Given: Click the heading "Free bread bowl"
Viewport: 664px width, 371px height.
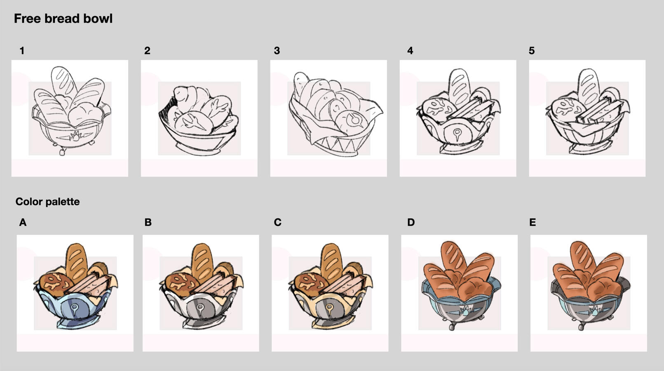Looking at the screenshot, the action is coord(63,19).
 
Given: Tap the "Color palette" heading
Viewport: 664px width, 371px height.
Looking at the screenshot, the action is coord(47,202).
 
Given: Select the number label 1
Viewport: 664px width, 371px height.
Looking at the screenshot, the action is coord(22,51).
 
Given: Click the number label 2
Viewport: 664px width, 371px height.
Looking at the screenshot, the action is coord(147,51).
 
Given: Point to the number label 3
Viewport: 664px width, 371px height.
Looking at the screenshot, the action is coord(277,51).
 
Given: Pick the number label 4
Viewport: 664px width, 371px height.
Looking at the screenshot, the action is coord(410,51).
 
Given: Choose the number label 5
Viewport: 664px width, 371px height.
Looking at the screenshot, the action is coord(532,51).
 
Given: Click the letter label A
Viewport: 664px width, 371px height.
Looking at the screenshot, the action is coord(23,222).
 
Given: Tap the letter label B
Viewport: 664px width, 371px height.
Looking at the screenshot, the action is coord(148,222).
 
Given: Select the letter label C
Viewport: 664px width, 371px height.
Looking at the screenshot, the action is coord(277,222).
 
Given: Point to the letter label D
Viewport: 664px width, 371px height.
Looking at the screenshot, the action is coord(411,222).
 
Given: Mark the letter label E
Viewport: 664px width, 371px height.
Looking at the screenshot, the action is coord(533,222).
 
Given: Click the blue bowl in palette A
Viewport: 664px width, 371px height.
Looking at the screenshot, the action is coord(74,308).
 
